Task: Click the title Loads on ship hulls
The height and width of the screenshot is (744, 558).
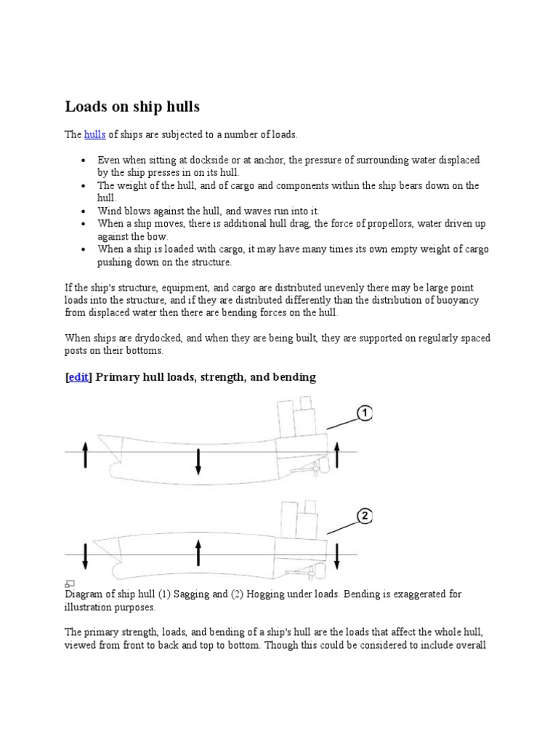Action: point(132,107)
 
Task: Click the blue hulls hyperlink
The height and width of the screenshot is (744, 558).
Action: point(95,135)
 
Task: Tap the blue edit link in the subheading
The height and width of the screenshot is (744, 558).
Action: point(78,377)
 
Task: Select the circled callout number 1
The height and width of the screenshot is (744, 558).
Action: point(364,413)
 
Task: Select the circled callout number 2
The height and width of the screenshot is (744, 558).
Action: point(364,517)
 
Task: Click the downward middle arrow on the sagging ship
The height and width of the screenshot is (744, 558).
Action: point(198,462)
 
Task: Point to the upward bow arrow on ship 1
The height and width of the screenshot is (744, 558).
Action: point(85,455)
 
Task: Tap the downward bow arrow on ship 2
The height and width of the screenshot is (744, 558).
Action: point(85,556)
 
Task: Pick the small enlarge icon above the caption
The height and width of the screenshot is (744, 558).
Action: point(70,583)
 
